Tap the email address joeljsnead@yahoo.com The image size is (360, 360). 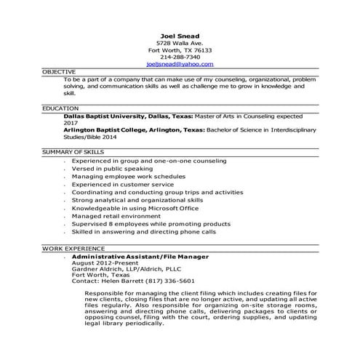tap(180, 64)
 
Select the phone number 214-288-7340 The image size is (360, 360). tap(180, 57)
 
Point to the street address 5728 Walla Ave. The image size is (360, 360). tap(180, 42)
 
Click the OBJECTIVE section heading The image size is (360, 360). tap(58, 72)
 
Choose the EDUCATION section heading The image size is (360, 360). tap(60, 108)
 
